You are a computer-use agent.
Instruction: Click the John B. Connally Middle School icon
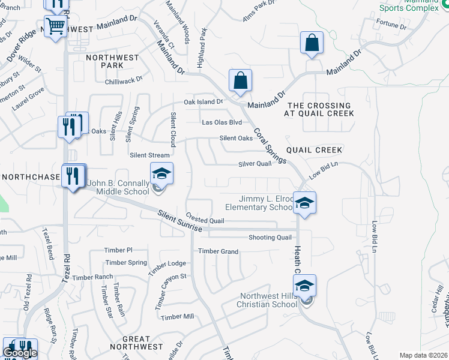coord(161,175)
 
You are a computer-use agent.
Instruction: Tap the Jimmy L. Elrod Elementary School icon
coord(304,202)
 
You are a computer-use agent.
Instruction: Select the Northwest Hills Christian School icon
coord(304,286)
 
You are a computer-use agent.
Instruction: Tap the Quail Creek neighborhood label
coord(314,150)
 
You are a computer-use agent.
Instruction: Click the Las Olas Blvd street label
coord(222,122)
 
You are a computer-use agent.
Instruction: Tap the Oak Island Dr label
coord(203,102)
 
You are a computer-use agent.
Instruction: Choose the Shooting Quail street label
coord(270,238)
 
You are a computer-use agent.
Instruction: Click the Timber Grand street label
coord(218,251)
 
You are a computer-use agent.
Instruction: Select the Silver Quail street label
coord(255,164)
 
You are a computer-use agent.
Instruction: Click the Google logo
coord(20,353)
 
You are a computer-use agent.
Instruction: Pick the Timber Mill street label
coord(178,317)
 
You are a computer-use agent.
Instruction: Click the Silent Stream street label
coord(150,155)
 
